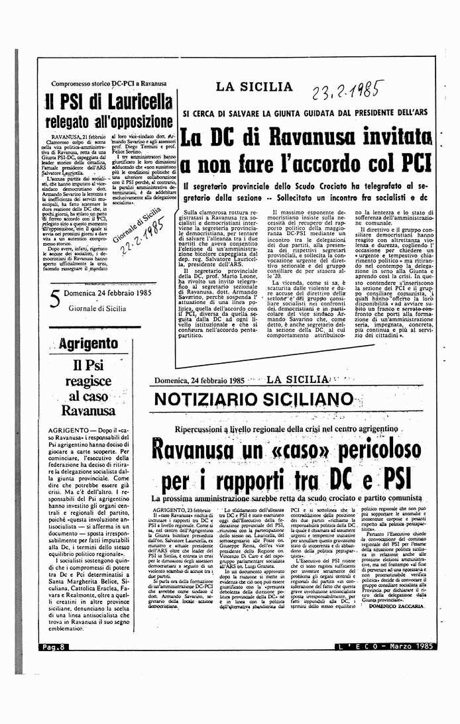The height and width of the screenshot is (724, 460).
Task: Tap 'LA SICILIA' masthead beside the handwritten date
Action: coord(254,87)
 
